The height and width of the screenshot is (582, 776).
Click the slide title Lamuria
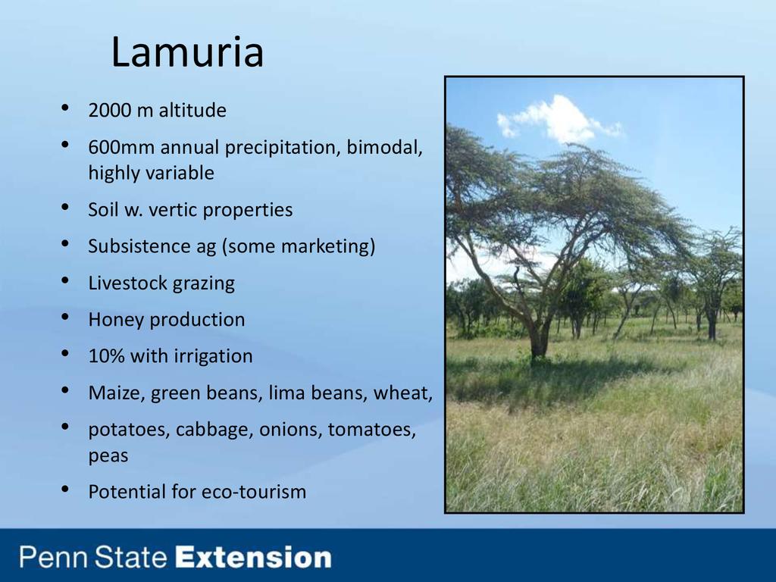click(x=187, y=52)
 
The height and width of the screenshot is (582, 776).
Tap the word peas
click(x=108, y=455)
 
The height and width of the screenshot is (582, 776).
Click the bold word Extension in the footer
click(x=254, y=557)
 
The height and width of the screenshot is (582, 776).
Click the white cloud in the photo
click(x=559, y=119)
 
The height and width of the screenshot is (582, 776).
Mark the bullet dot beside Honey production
click(x=65, y=318)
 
